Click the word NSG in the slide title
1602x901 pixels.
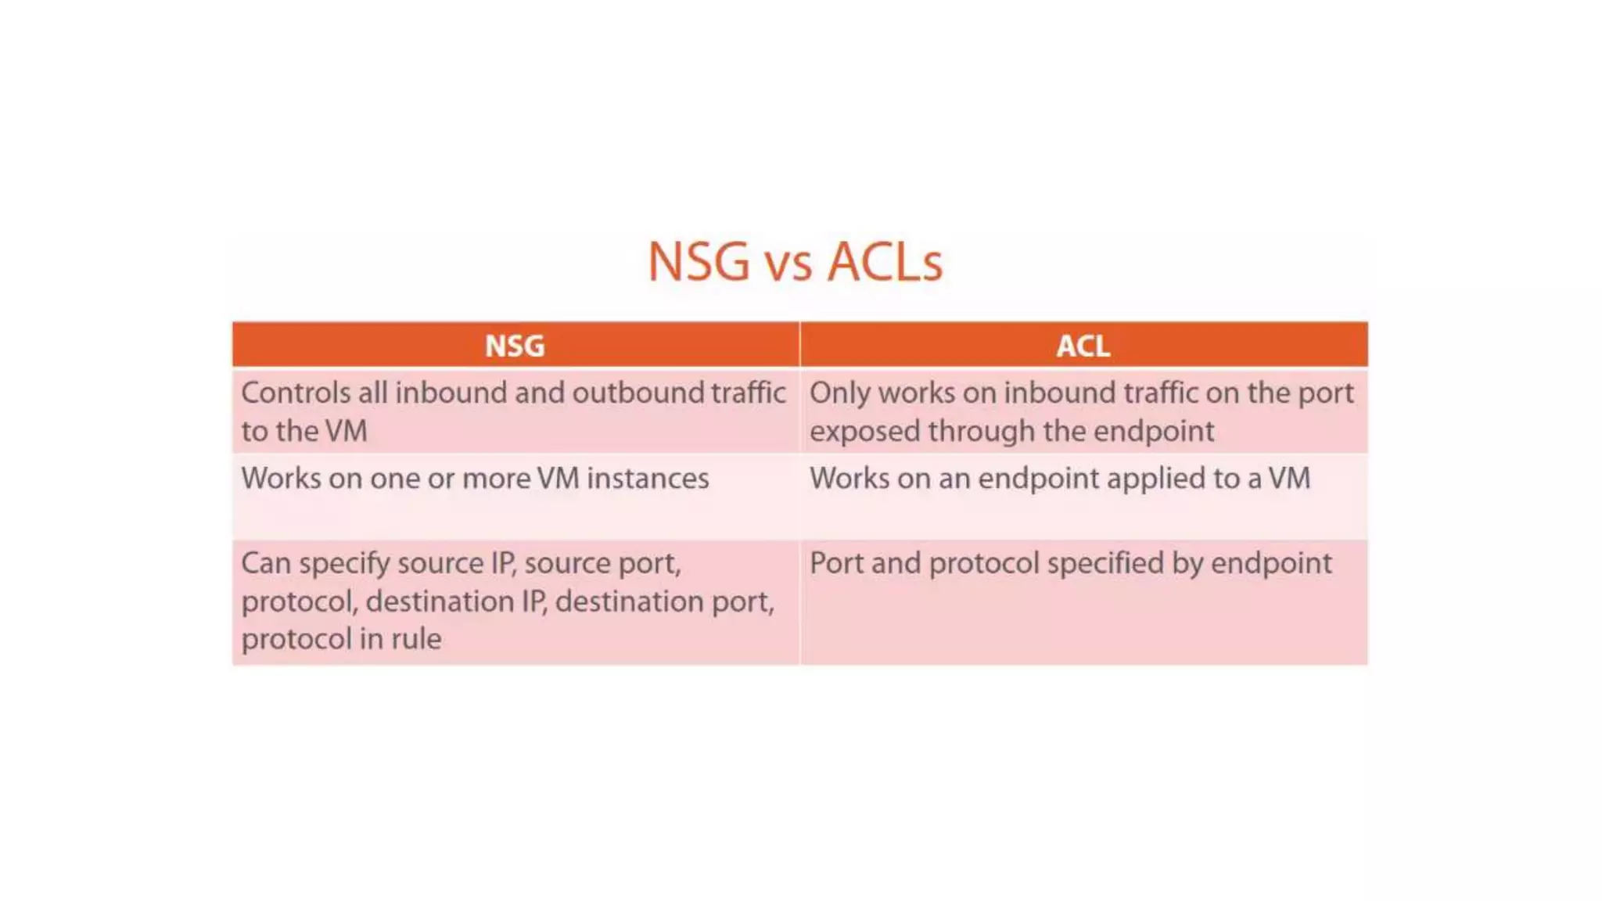pyautogui.click(x=699, y=261)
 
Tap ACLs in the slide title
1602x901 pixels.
pyautogui.click(x=885, y=261)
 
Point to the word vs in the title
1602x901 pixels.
pyautogui.click(x=788, y=264)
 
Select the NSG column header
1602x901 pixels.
pyautogui.click(x=515, y=346)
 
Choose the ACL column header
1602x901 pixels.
pyautogui.click(x=1083, y=346)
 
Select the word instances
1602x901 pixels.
pyautogui.click(x=648, y=479)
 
